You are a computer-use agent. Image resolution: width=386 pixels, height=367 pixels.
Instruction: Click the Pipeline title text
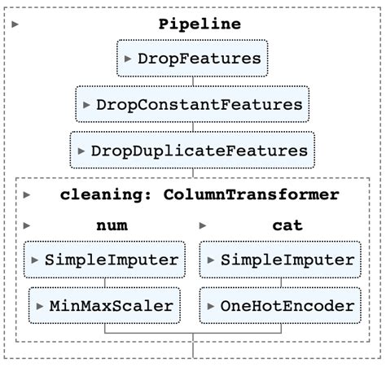[200, 24]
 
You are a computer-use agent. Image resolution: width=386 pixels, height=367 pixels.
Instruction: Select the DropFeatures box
[192, 59]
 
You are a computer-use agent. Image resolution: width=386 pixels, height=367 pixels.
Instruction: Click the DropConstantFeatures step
[192, 104]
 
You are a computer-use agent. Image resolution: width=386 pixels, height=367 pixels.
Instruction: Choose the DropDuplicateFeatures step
[192, 151]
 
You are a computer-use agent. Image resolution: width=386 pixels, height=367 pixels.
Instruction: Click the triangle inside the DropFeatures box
[128, 59]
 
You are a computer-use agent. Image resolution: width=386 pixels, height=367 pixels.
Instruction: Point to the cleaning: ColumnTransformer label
[200, 194]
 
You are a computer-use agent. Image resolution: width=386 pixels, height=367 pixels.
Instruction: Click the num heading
[110, 225]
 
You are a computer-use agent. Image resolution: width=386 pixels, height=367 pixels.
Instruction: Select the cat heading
[286, 225]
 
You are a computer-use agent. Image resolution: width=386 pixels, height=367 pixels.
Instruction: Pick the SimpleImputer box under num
[104, 260]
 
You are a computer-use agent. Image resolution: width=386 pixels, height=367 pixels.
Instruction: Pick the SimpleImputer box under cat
[280, 260]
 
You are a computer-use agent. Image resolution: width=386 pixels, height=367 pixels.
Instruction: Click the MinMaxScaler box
[104, 306]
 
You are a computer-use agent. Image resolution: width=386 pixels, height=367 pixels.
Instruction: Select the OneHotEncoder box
[280, 306]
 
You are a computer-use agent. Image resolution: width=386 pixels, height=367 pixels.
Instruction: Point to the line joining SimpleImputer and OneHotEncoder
[280, 282]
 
